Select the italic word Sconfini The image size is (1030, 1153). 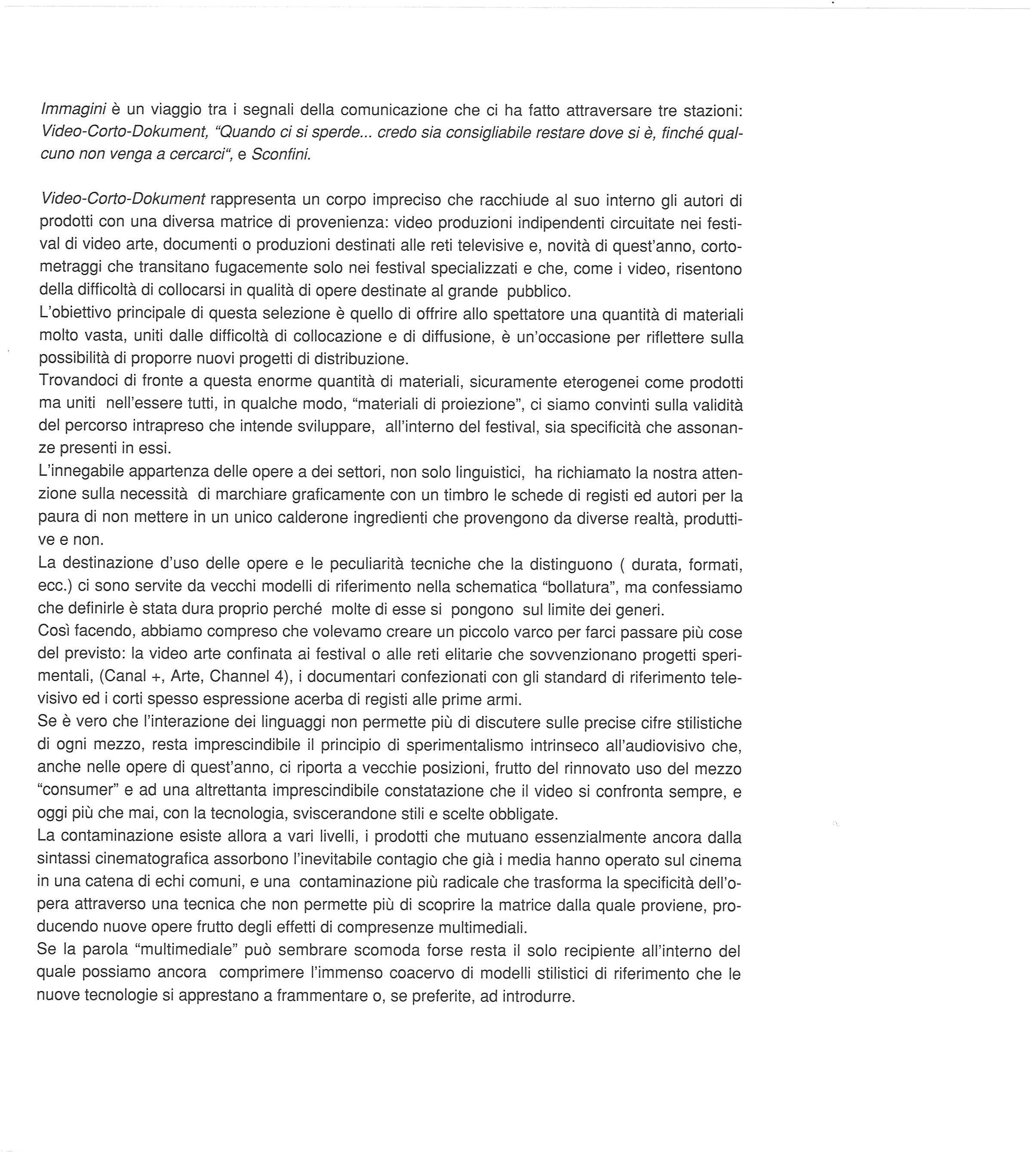(281, 154)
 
